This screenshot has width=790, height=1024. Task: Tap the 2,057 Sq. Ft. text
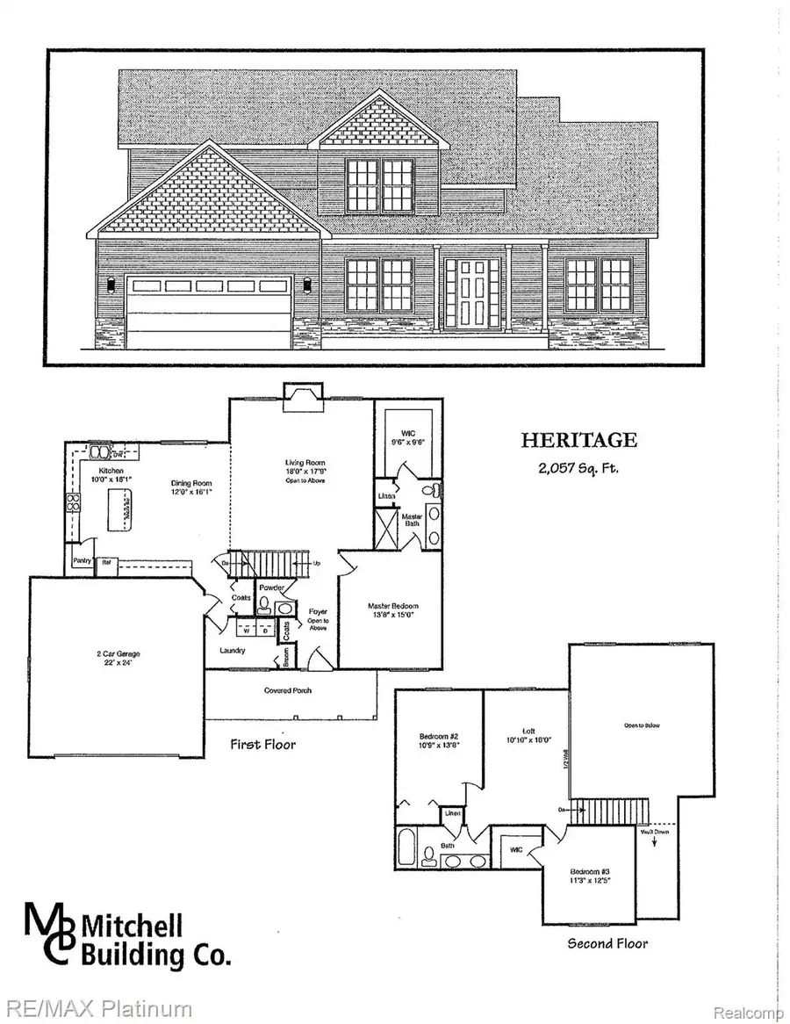click(x=578, y=467)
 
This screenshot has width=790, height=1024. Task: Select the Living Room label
click(x=301, y=462)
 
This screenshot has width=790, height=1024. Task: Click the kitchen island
click(x=123, y=510)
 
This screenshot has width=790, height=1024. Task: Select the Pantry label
click(x=83, y=563)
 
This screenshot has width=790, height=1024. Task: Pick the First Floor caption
click(x=263, y=745)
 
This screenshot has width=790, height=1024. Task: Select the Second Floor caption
click(x=607, y=943)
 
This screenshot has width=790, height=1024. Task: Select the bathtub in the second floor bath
click(x=406, y=849)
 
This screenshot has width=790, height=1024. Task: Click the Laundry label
click(x=233, y=651)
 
